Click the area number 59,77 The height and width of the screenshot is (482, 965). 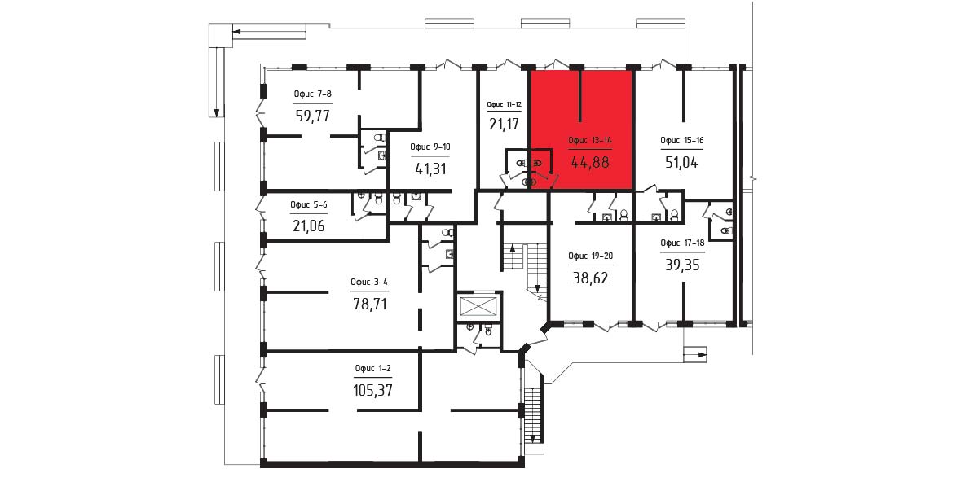pos(313,116)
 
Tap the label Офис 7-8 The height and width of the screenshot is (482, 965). pos(312,94)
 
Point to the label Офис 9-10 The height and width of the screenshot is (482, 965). pos(430,147)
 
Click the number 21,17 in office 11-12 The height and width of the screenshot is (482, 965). pos(504,125)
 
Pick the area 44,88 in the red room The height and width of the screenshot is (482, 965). pos(589,164)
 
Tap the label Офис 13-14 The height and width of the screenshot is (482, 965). pos(589,141)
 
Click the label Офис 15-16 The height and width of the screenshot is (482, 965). pos(682,140)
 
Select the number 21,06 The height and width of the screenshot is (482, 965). pos(309,226)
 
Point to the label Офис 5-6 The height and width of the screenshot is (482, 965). pos(309,204)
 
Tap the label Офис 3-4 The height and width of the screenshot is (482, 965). pos(369,283)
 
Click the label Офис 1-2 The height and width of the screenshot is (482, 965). pos(373,368)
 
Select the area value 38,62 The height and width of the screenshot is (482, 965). pos(590,278)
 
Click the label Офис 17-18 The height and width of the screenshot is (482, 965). pos(682,243)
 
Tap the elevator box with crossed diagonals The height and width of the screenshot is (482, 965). pos(479,305)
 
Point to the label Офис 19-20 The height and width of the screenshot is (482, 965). pos(590,256)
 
